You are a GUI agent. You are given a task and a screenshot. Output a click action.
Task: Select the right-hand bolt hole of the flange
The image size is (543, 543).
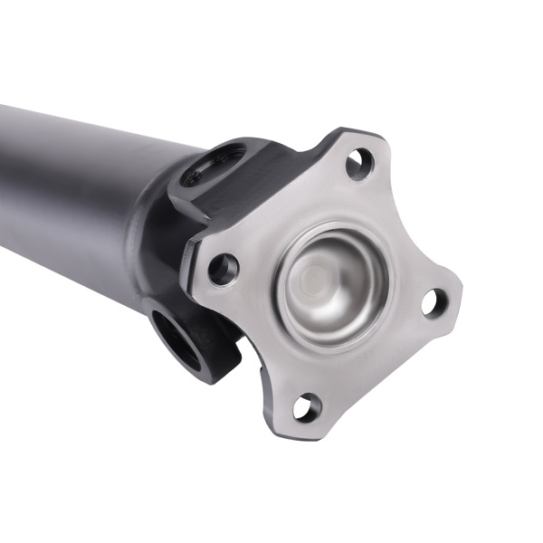[x=434, y=303]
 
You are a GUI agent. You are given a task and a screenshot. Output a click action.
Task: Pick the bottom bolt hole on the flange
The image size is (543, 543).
[x=307, y=407]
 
